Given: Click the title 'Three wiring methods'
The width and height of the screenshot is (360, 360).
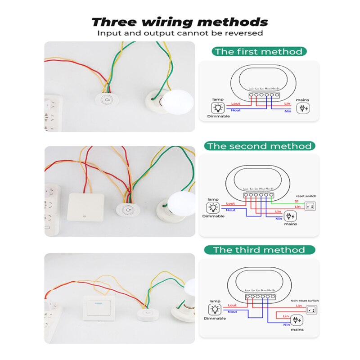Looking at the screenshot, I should pyautogui.click(x=180, y=22).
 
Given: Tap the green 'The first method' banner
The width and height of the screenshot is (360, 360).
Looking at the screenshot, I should pyautogui.click(x=259, y=51).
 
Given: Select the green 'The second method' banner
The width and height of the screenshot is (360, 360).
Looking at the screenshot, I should pyautogui.click(x=259, y=146).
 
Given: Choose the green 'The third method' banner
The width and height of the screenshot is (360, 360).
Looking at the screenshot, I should pyautogui.click(x=259, y=250).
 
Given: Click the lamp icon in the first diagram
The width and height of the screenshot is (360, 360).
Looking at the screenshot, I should pyautogui.click(x=218, y=108).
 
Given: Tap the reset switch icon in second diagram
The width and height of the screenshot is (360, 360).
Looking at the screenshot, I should pyautogui.click(x=310, y=207).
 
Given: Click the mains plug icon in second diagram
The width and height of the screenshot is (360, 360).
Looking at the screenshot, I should pyautogui.click(x=292, y=216).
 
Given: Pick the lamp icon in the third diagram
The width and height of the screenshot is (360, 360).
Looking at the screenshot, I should pyautogui.click(x=215, y=310).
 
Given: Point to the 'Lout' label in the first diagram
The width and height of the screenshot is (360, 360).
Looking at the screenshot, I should pyautogui.click(x=236, y=104).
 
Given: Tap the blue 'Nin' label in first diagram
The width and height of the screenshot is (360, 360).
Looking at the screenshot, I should pyautogui.click(x=288, y=111).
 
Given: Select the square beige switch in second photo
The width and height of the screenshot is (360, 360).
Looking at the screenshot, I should pyautogui.click(x=85, y=207).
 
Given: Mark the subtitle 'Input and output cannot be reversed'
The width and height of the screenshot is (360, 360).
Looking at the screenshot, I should pyautogui.click(x=180, y=33).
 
